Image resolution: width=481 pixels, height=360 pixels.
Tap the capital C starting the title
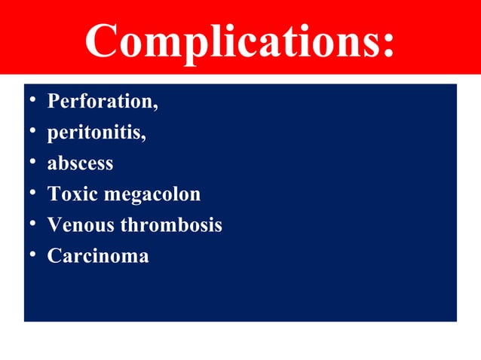point(102,41)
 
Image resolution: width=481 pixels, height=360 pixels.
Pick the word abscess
point(80,163)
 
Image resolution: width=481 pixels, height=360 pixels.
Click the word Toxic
point(71,194)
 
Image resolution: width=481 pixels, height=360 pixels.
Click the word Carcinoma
point(98,256)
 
